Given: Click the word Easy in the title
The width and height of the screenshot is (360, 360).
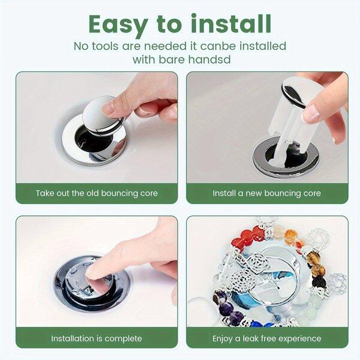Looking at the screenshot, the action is tap(118, 25).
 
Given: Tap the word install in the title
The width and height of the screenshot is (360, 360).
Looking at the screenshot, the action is tap(232, 23).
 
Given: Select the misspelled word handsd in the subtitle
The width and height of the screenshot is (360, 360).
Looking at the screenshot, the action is tap(209, 59).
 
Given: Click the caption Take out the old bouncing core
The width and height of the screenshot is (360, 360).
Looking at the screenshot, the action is tap(97, 193).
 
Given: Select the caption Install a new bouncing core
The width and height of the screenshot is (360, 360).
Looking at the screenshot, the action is tap(267, 193).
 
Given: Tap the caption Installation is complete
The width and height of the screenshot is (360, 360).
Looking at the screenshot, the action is tap(97, 338).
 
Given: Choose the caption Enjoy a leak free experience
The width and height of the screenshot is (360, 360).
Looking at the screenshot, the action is tap(267, 339).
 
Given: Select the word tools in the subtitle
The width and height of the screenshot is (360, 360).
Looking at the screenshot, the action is tap(106, 46).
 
